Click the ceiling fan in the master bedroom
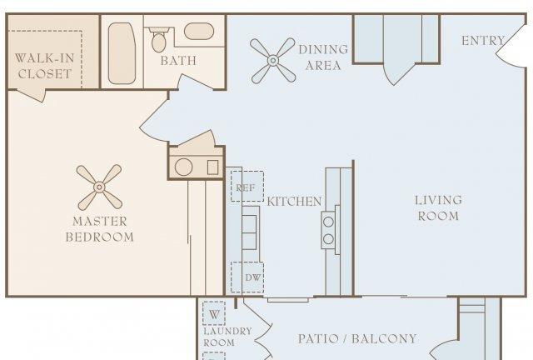(x=99, y=187)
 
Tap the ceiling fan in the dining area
(x=273, y=60)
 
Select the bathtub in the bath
(x=122, y=52)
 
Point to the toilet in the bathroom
(x=158, y=39)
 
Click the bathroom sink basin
(x=199, y=32)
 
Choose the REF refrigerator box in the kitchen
(x=247, y=187)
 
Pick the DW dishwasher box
(x=247, y=276)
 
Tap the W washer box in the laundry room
(x=214, y=313)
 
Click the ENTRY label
(x=482, y=40)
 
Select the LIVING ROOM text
(x=438, y=207)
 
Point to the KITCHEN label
(x=294, y=201)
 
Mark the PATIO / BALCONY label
(x=357, y=338)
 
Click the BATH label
(x=178, y=60)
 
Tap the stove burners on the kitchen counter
(x=328, y=230)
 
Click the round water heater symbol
(x=184, y=167)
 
